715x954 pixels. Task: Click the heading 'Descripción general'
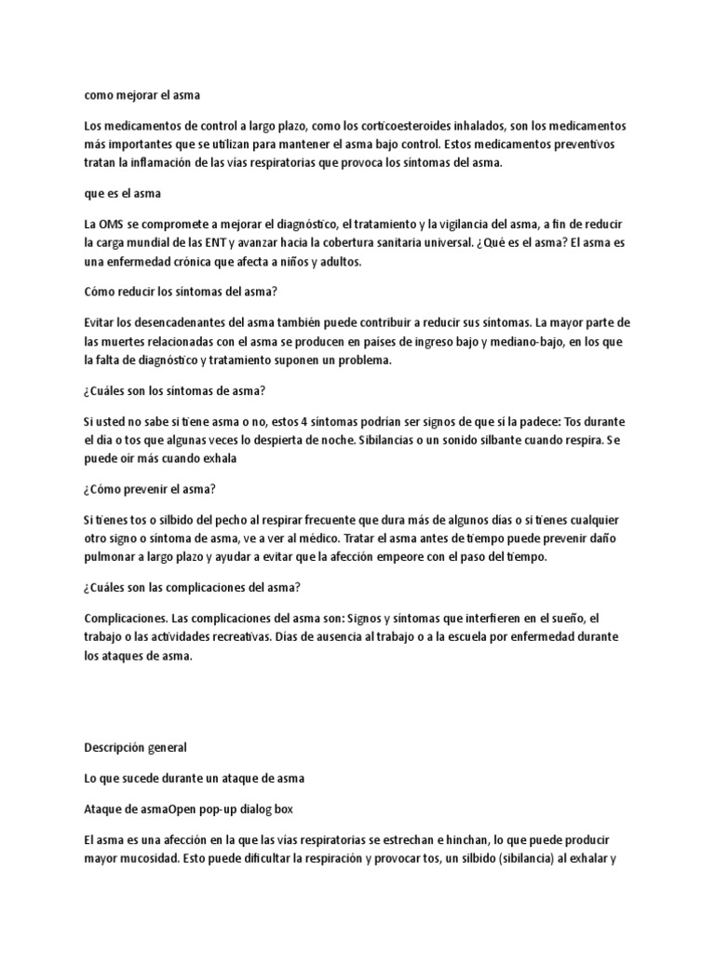[135, 746]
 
